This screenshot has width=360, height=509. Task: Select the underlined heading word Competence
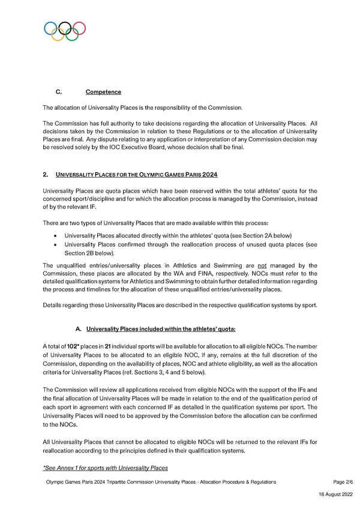103,92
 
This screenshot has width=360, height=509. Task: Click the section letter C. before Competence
59,92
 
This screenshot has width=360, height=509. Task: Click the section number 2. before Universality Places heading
46,175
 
